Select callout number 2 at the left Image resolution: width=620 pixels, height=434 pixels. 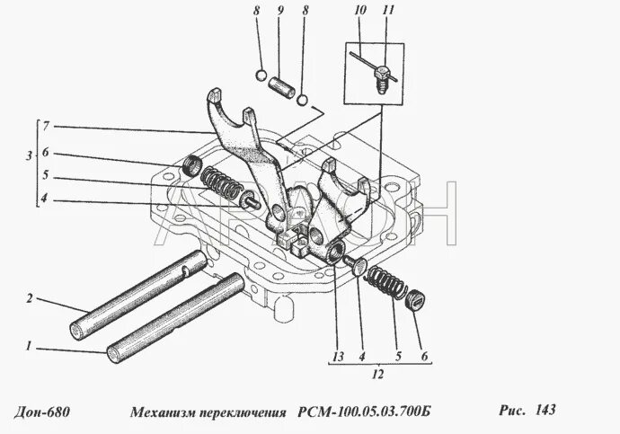coord(29,298)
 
